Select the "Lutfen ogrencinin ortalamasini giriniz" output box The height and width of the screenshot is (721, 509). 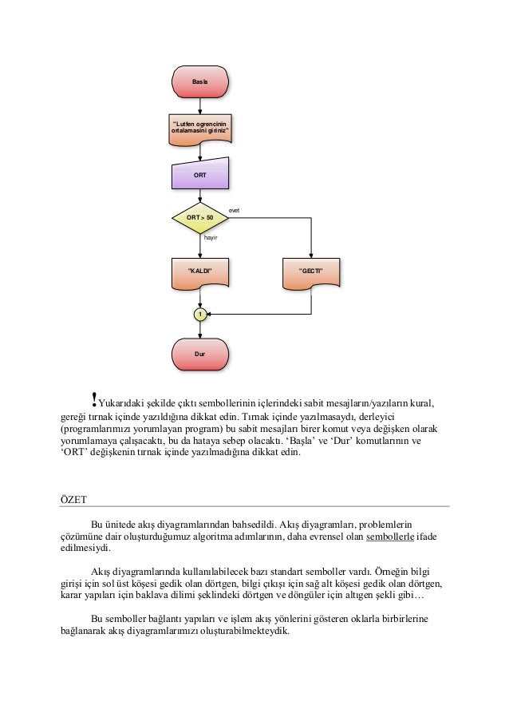(x=200, y=129)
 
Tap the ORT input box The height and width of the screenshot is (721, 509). (x=200, y=173)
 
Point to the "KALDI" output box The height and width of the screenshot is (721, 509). (x=200, y=272)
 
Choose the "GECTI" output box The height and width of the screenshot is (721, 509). (x=311, y=272)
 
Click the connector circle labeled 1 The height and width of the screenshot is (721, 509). (x=200, y=315)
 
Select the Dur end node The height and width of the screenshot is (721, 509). (x=200, y=352)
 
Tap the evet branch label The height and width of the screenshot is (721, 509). (x=235, y=211)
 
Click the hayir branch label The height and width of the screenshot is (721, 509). (x=211, y=237)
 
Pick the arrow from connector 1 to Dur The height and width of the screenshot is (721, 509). (x=200, y=331)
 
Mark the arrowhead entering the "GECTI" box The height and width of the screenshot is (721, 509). (x=311, y=256)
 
